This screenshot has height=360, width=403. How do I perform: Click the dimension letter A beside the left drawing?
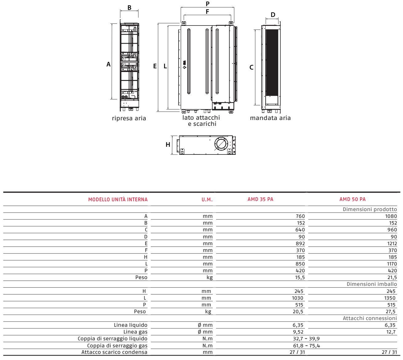pos(108,65)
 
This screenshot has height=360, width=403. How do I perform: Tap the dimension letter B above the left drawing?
pos(129,7)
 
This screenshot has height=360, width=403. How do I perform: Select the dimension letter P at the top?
pos(207,4)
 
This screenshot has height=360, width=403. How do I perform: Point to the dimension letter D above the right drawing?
pos(273,15)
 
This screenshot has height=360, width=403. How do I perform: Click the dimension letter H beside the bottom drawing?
pos(168,145)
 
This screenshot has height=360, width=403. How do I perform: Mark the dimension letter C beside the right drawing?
pos(251,67)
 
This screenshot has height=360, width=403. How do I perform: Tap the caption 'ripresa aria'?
pos(129,118)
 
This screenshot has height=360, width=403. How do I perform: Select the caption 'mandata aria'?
pos(270,118)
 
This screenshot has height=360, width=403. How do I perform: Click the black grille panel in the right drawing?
pos(272,62)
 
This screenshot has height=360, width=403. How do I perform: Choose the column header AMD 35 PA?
pos(260,199)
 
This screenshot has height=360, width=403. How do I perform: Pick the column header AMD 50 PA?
pos(353,199)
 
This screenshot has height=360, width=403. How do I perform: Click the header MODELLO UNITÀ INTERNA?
pos(118,199)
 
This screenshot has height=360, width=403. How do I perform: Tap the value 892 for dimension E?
pos(300,243)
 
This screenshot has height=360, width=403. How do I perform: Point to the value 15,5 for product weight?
pos(299,277)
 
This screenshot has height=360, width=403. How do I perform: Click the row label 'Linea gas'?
pos(135,332)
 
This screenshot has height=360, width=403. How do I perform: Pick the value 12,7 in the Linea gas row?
pos(391,332)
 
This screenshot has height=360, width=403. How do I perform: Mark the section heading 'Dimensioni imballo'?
pos(372,284)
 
